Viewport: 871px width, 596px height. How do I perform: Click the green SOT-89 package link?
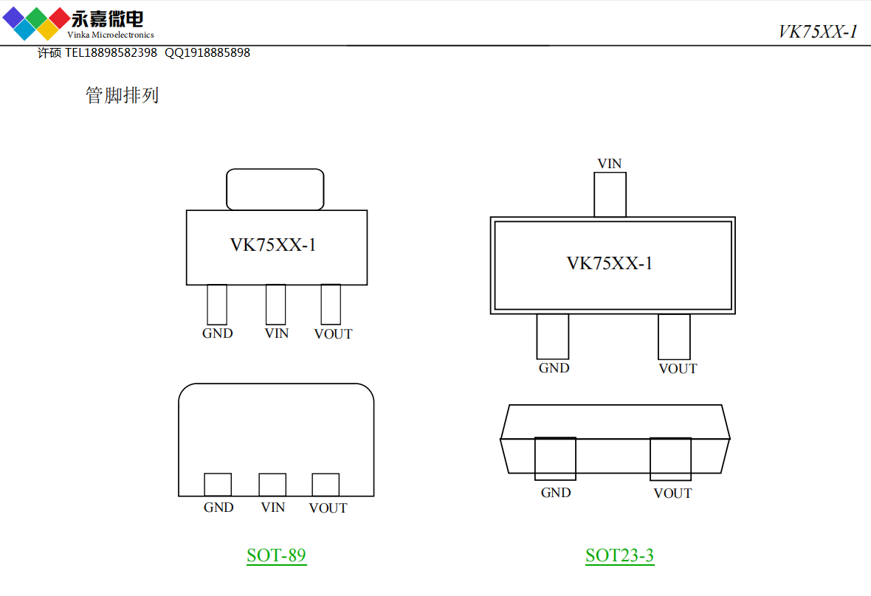(276, 555)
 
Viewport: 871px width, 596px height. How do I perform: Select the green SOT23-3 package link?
(619, 555)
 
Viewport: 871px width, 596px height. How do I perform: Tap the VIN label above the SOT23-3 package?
(610, 164)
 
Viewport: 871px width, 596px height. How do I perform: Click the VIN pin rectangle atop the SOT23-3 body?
(610, 195)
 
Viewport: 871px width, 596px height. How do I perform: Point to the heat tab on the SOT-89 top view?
(275, 190)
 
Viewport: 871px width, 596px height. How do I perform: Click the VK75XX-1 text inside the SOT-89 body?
(273, 246)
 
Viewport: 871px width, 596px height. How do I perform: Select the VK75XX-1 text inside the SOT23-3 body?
(610, 263)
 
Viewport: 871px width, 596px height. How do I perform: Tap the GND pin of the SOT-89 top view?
(217, 305)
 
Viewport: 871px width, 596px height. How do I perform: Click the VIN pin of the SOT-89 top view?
(275, 305)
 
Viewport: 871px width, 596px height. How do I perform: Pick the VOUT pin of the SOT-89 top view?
(331, 305)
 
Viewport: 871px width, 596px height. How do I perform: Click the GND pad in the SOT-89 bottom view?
(218, 485)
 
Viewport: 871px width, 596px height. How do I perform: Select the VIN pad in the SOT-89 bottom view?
(272, 485)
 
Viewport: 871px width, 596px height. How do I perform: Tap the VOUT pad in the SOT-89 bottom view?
(326, 485)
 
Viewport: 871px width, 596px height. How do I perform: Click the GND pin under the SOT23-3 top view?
(553, 337)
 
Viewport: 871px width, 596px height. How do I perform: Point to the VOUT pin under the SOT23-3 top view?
(674, 337)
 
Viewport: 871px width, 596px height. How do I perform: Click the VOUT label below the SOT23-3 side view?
(672, 493)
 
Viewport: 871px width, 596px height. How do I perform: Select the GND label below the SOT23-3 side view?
(556, 493)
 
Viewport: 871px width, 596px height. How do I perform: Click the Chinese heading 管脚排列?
(123, 96)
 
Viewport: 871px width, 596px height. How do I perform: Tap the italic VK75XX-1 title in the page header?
(818, 32)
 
